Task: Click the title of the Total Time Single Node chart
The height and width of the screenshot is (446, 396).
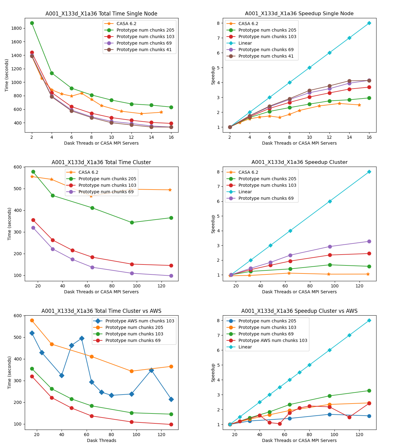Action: tap(101, 14)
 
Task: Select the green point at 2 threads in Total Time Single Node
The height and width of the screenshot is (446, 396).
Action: tap(32, 23)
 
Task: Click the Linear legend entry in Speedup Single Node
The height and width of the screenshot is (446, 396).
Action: tap(245, 43)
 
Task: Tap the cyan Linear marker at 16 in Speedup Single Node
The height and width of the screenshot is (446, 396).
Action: tap(369, 23)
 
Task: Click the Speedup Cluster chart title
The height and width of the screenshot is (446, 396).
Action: tap(299, 162)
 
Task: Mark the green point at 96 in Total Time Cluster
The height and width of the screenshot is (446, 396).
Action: tap(132, 222)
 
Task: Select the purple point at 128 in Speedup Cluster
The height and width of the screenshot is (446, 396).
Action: tap(369, 241)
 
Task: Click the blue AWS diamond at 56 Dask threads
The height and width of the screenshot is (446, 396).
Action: tap(82, 338)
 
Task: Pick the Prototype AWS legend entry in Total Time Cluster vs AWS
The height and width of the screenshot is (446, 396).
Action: tap(140, 321)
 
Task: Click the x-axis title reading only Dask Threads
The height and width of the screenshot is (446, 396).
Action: tap(101, 440)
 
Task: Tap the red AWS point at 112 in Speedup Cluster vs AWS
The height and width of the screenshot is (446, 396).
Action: tap(349, 417)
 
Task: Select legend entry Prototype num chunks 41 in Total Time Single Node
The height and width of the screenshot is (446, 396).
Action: tap(144, 50)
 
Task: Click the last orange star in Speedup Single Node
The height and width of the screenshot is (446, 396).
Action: tap(359, 105)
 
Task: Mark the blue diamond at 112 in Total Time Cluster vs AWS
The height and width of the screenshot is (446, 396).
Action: tap(151, 370)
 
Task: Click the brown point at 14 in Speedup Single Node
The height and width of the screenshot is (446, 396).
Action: tap(349, 81)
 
